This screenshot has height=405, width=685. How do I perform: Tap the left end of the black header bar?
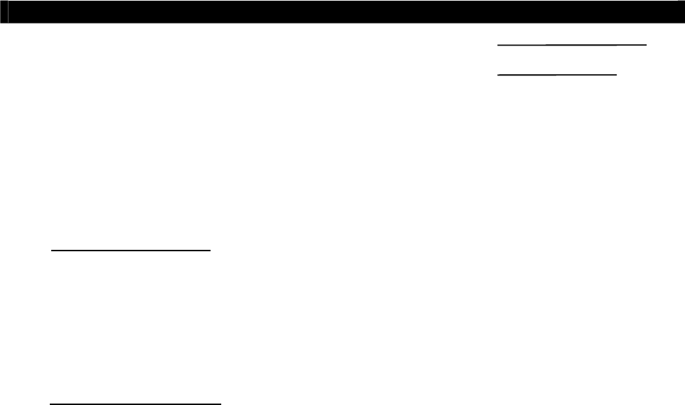(2, 12)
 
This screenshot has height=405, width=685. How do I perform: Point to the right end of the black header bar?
(682, 12)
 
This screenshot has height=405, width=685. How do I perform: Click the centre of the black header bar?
(342, 12)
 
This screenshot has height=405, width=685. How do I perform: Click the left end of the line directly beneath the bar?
(498, 44)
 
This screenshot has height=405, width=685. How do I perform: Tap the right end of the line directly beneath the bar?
(647, 44)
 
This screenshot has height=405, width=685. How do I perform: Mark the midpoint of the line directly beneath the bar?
(572, 44)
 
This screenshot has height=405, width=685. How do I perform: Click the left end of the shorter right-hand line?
(498, 74)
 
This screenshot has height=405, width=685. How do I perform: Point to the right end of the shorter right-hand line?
(616, 74)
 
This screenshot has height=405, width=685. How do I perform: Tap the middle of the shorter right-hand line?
(557, 74)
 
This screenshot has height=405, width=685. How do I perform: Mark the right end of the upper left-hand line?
(211, 251)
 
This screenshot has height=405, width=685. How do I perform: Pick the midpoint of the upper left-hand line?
(132, 251)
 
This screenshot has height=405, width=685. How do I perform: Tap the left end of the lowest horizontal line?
(50, 404)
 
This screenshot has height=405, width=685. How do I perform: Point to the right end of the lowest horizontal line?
(221, 404)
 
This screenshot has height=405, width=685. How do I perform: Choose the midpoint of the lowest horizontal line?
(135, 404)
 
